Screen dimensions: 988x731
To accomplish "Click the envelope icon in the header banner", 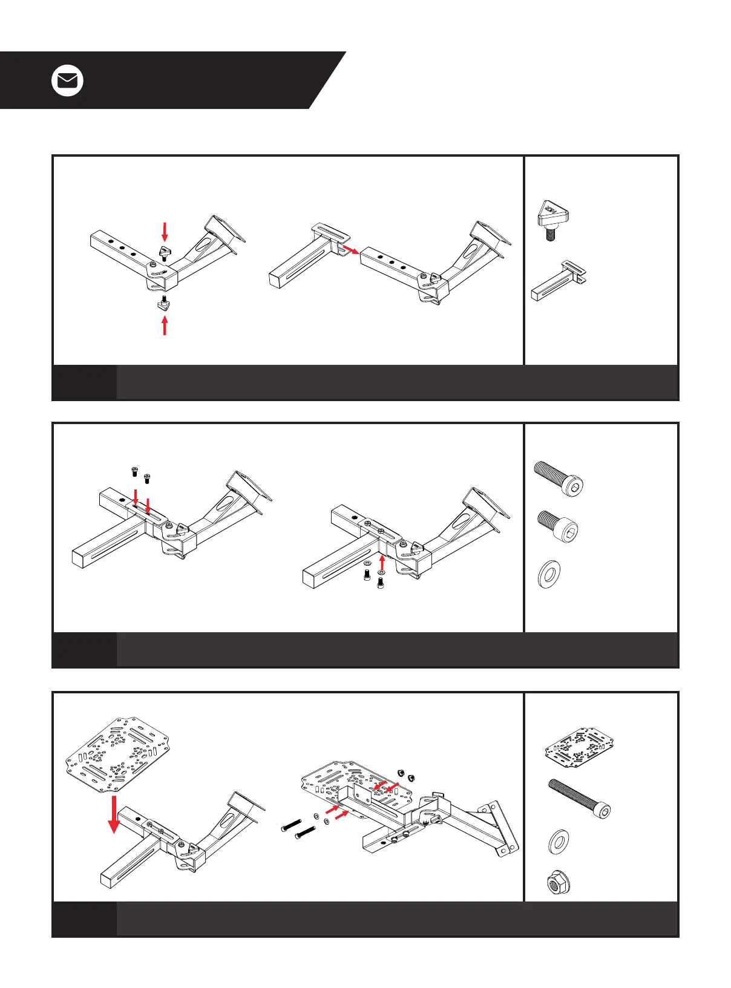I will [67, 80].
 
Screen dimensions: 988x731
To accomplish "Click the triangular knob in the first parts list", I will [552, 219].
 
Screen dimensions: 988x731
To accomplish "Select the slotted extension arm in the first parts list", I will [558, 281].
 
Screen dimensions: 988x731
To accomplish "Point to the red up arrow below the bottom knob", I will [164, 326].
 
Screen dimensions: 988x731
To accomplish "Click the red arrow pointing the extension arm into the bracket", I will [349, 249].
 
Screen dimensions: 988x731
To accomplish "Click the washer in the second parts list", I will [549, 574].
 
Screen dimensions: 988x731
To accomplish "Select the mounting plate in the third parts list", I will [579, 748].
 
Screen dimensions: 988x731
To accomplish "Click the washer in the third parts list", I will [558, 842].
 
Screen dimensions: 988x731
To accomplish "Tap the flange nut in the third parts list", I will [557, 884].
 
